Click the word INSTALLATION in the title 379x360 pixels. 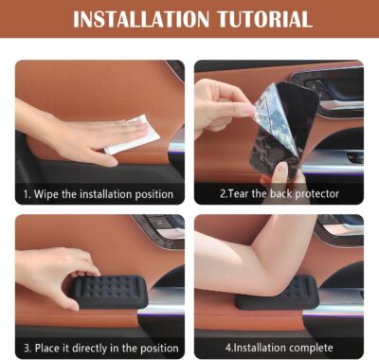coord(139,19)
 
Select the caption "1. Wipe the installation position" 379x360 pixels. coord(99,194)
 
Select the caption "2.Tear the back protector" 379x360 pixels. coord(279,194)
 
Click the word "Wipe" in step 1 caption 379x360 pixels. coord(50,194)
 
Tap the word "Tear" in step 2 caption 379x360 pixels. coord(244,194)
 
